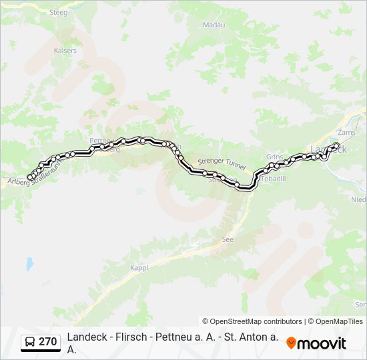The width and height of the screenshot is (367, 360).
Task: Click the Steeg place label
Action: tap(59, 12)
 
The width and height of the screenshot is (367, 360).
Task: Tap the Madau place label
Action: tap(214, 25)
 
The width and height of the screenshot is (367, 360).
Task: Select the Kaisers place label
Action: tap(65, 50)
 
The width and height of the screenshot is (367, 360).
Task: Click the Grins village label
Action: tap(274, 157)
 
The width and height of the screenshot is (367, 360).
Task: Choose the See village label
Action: tap(228, 239)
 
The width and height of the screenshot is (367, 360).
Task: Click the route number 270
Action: tap(47, 342)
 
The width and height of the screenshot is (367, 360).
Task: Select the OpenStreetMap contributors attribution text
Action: tap(252, 321)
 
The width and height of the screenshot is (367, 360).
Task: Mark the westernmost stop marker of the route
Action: tap(29, 177)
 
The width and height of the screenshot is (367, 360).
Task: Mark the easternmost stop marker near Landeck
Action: tap(337, 145)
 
